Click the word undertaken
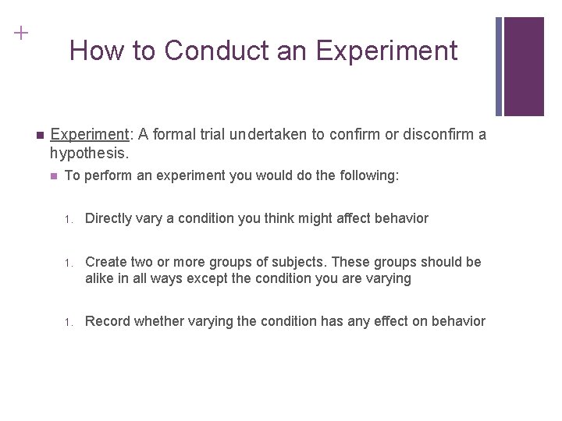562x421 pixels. pos(269,134)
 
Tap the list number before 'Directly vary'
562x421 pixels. pos(68,219)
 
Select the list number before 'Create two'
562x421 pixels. pos(68,263)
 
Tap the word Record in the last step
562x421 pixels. pos(108,321)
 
